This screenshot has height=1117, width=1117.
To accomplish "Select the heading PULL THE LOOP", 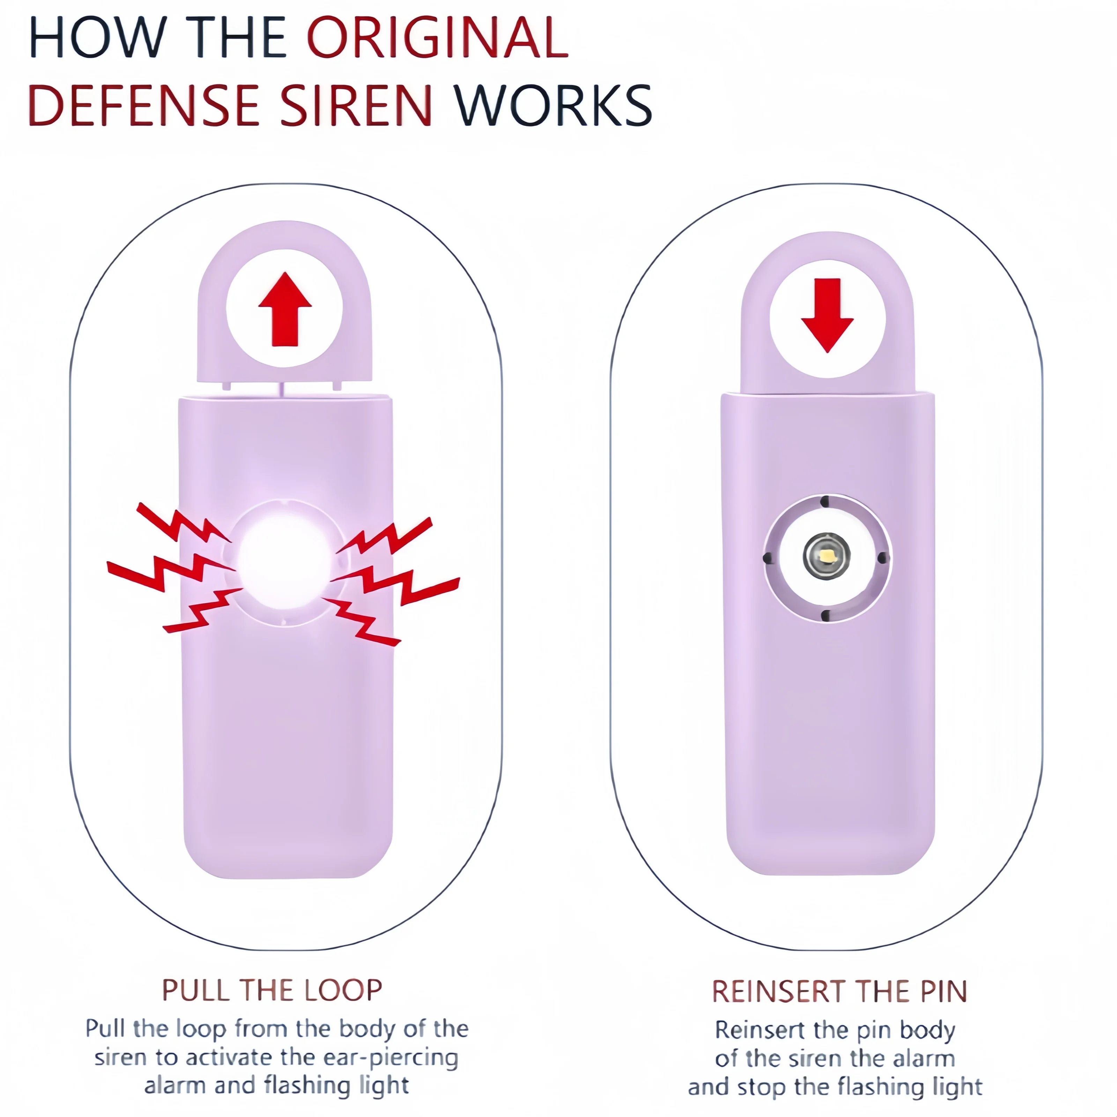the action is coord(272,990).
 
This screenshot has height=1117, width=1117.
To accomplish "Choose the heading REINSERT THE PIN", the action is coord(839,992).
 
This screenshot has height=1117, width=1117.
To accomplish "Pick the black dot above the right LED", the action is coord(825,501).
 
